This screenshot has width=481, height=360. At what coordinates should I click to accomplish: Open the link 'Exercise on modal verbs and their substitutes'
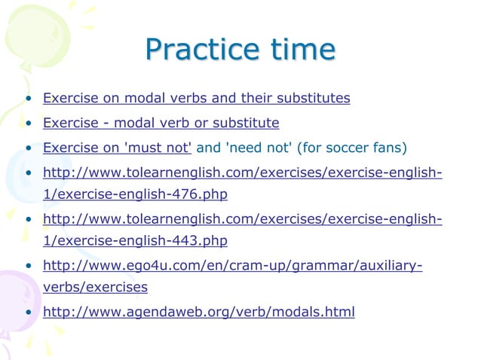point(196,98)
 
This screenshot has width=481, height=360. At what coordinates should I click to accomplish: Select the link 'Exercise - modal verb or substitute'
point(161,122)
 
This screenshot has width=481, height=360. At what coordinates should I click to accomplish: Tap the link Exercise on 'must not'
point(117,146)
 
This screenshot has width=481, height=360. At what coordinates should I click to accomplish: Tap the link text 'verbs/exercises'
point(95,287)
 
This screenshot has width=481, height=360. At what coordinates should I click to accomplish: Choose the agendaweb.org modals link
point(198,310)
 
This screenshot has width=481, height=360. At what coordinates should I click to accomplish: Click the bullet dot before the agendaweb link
point(28,311)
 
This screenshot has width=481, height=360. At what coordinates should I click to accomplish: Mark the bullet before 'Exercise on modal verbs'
point(28,99)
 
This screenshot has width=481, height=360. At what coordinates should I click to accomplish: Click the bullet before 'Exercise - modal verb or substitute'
point(28,123)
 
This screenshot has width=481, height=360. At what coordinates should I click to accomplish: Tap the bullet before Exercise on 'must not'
point(28,147)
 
